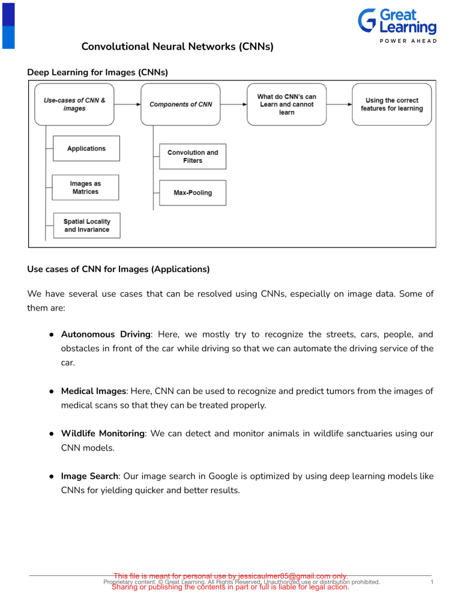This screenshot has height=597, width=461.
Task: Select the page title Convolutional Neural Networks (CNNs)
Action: (178, 46)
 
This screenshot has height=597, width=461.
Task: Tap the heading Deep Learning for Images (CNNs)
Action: (97, 72)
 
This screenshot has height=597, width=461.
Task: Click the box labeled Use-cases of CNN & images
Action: (74, 105)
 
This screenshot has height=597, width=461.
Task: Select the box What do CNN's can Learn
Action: (286, 105)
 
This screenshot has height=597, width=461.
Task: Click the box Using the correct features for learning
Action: (391, 105)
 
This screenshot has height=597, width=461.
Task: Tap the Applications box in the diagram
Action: (86, 148)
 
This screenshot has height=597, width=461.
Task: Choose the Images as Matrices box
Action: (85, 187)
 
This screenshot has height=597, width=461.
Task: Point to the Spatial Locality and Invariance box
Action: (86, 226)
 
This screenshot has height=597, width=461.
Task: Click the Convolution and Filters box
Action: (193, 157)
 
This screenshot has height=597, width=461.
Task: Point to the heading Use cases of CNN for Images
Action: (119, 270)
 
